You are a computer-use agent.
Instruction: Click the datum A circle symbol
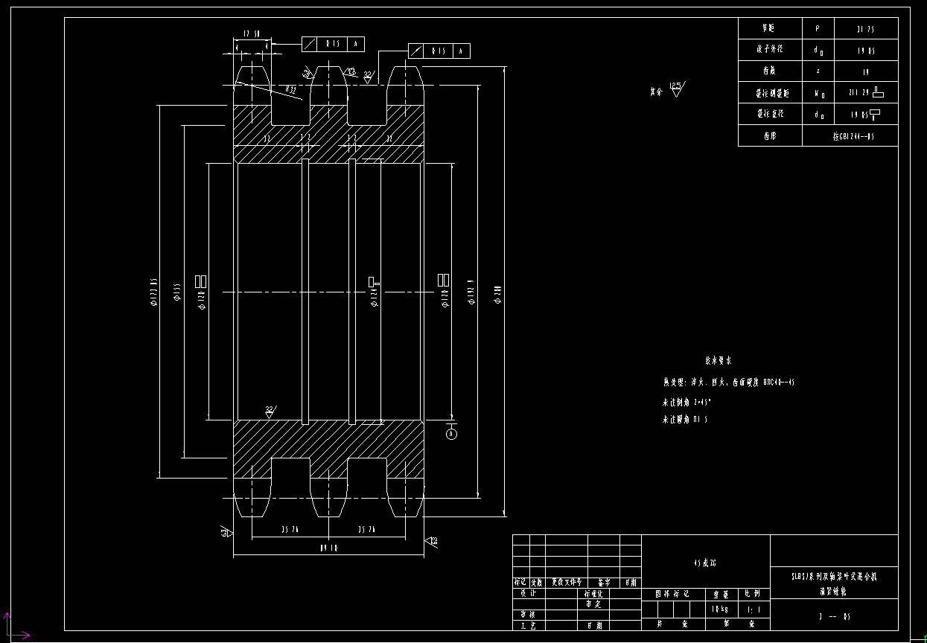click(451, 434)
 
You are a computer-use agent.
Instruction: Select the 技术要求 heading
click(719, 360)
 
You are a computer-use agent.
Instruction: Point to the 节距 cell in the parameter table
click(768, 28)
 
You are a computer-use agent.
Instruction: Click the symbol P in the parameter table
click(818, 28)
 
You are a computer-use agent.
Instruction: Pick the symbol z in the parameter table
click(818, 72)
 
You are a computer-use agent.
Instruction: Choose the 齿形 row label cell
click(769, 136)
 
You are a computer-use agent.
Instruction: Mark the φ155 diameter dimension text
click(177, 292)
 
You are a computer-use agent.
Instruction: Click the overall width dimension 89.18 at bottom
click(328, 548)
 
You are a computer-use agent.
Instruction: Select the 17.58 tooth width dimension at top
click(252, 34)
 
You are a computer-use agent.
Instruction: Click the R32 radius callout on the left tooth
click(290, 90)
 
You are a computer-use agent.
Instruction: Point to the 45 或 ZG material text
click(704, 563)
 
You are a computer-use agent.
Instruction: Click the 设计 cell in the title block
click(529, 593)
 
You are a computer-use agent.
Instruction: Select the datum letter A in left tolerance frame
click(356, 44)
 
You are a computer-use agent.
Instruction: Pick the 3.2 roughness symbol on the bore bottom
click(270, 411)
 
